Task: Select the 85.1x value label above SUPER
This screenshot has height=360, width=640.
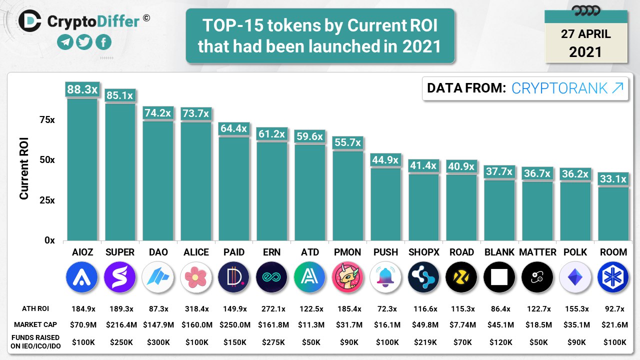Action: (120, 95)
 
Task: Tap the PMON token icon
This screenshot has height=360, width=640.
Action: (347, 277)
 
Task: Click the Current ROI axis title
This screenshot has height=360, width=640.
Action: (24, 169)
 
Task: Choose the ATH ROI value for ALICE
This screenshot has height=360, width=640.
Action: (196, 308)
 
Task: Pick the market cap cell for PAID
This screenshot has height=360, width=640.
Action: (234, 325)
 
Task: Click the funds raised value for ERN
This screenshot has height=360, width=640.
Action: (272, 342)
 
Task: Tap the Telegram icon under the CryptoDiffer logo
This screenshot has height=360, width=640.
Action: (65, 42)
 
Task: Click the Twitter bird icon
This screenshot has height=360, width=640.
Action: (84, 42)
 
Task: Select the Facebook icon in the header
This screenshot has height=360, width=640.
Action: (103, 42)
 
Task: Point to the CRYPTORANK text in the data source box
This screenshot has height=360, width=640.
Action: (559, 88)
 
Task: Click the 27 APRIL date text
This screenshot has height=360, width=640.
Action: (585, 34)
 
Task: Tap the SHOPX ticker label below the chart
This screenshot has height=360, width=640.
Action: (423, 252)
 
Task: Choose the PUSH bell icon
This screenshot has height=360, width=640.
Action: (385, 277)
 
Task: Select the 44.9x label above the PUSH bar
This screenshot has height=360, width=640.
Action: (385, 160)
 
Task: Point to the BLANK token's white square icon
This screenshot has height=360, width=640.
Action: (499, 277)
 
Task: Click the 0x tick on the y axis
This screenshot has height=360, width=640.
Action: (49, 240)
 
